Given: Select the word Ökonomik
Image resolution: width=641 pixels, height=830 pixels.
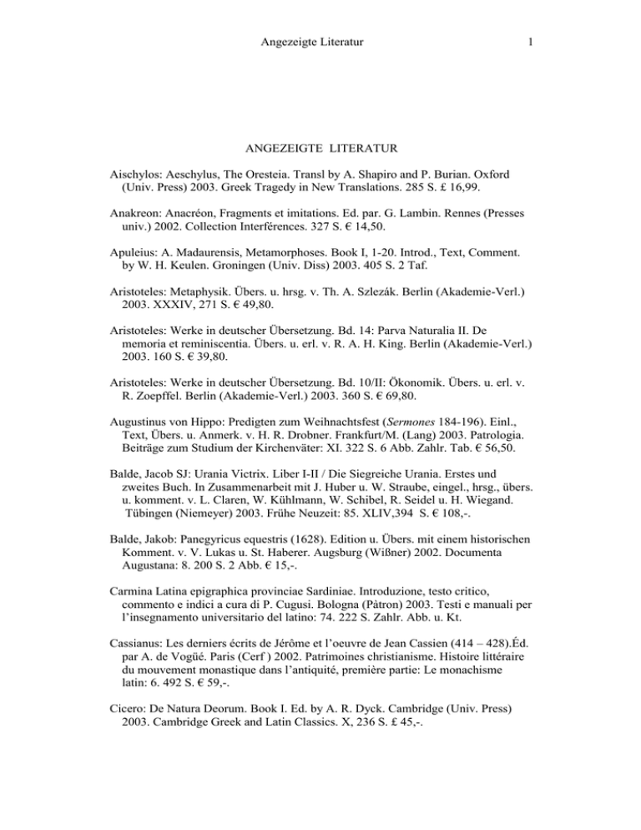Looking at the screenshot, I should tap(417, 428).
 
